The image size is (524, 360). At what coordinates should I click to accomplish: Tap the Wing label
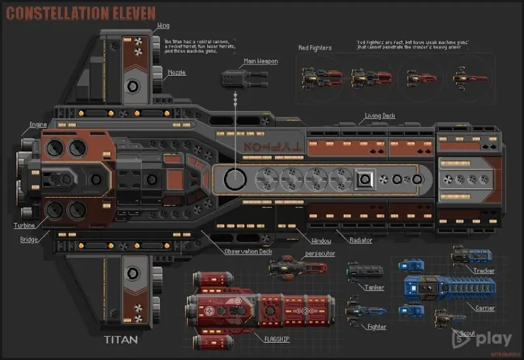point(163,26)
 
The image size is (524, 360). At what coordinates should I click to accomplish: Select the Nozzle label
point(175,73)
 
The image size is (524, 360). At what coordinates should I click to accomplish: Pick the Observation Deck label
point(248,251)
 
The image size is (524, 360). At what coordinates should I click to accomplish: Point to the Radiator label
point(361,240)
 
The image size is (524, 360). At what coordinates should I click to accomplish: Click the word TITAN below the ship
point(122,340)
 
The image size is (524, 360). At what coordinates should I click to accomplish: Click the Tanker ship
point(365,270)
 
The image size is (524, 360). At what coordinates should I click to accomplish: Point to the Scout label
point(466,333)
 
